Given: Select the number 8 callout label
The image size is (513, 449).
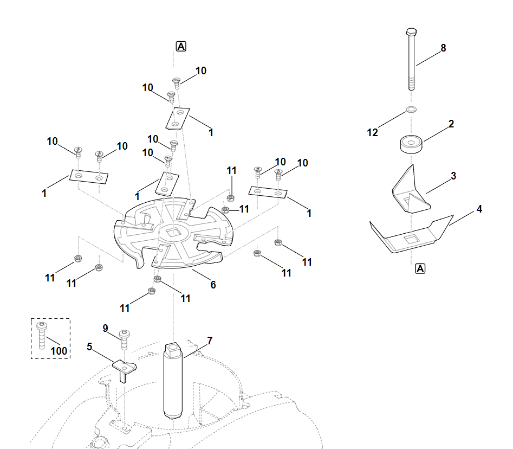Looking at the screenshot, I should (x=443, y=48).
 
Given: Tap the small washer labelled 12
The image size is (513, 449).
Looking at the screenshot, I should (x=411, y=111).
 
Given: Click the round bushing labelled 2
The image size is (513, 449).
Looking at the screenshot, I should (x=411, y=144).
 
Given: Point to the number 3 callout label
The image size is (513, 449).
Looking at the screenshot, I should (x=453, y=176).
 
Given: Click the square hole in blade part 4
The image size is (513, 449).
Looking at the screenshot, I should (x=412, y=238).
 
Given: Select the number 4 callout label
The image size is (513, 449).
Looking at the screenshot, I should (x=479, y=209).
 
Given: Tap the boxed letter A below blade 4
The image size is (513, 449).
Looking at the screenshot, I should (x=420, y=268).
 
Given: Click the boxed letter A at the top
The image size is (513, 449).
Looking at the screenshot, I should (x=181, y=47).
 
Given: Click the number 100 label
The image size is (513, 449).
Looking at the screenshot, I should (x=59, y=351).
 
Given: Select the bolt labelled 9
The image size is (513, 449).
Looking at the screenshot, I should (x=124, y=338).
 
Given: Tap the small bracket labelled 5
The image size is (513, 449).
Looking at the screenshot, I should (x=125, y=368).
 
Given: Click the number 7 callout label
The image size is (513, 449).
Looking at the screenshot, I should (x=210, y=341).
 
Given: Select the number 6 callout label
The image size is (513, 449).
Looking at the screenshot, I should (x=213, y=284).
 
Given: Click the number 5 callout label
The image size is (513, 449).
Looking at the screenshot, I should (x=89, y=347).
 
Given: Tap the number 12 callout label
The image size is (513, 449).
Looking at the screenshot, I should (x=373, y=132).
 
